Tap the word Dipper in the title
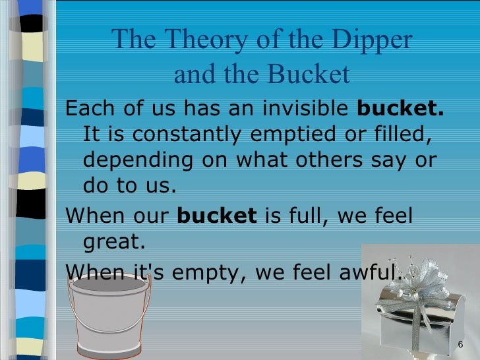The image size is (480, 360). point(374,41)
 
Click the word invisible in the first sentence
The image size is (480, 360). point(301,108)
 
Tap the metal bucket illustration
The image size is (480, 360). point(109,316)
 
